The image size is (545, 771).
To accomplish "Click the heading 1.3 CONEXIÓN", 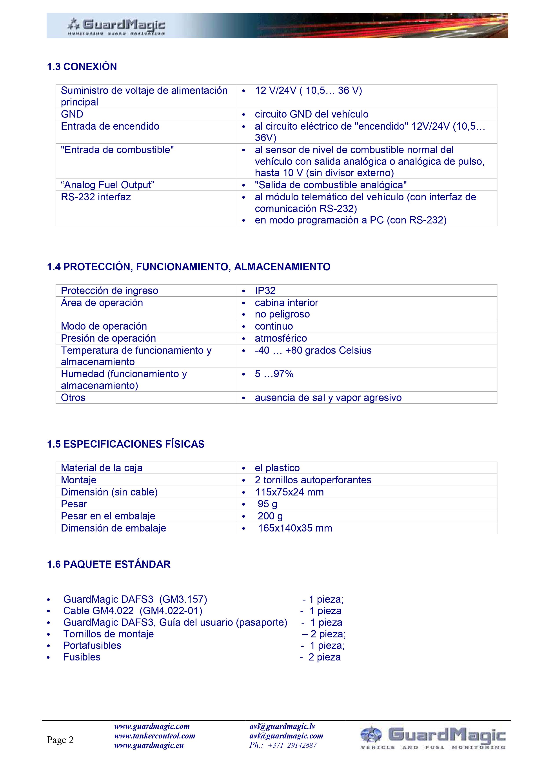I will tap(82, 67).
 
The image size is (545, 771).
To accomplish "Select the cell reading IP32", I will tap(265, 290).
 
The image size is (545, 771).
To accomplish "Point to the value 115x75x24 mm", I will tap(289, 492).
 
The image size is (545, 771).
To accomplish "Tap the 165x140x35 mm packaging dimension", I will tap(295, 528).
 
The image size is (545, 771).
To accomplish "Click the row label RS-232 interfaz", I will tap(96, 197).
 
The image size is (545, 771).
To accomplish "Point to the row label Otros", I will tap(73, 398).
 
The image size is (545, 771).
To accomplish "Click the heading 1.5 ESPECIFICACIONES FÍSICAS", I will tap(125, 444).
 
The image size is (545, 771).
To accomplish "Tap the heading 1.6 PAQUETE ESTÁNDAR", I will tap(109, 564).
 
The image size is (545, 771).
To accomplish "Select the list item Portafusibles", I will tap(92, 645).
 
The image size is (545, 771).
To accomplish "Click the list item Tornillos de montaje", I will tap(109, 634).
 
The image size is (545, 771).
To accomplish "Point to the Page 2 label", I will tap(60, 740).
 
